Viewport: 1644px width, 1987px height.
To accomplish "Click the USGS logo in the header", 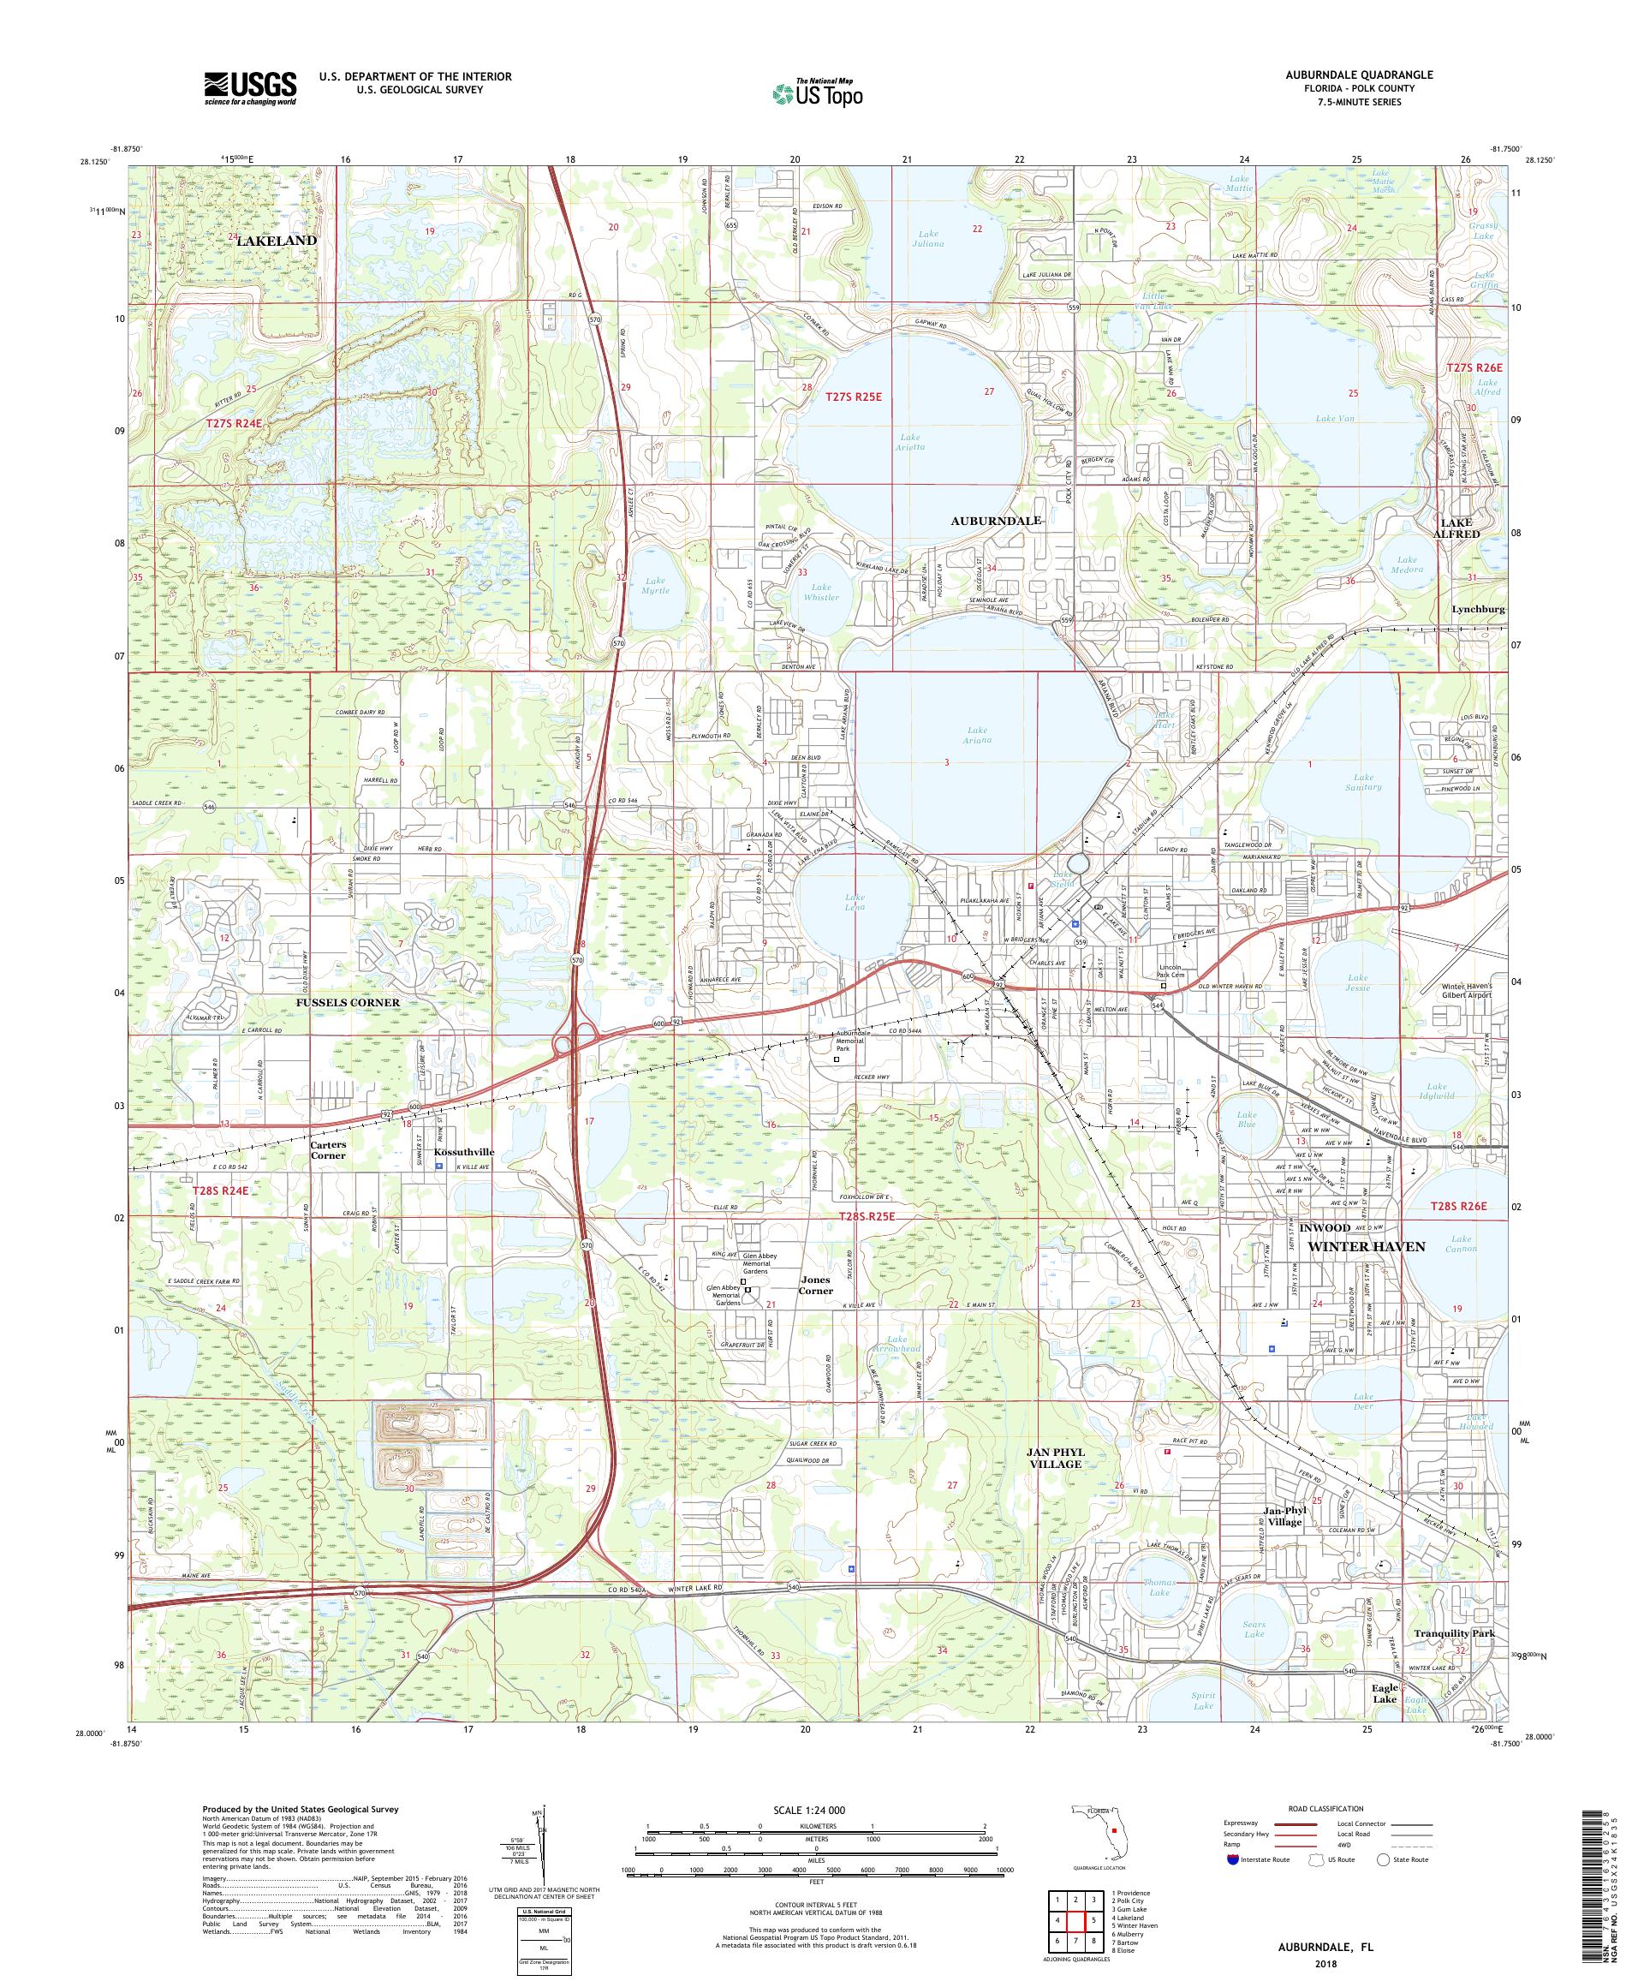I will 250,89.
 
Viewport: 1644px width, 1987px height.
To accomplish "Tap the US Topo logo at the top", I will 819,92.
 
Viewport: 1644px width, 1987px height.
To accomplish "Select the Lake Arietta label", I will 909,443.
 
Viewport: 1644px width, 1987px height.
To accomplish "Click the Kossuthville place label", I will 464,1151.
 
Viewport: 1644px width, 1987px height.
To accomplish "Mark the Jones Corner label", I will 816,1285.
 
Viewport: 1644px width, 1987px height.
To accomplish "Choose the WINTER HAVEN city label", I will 1365,1246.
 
